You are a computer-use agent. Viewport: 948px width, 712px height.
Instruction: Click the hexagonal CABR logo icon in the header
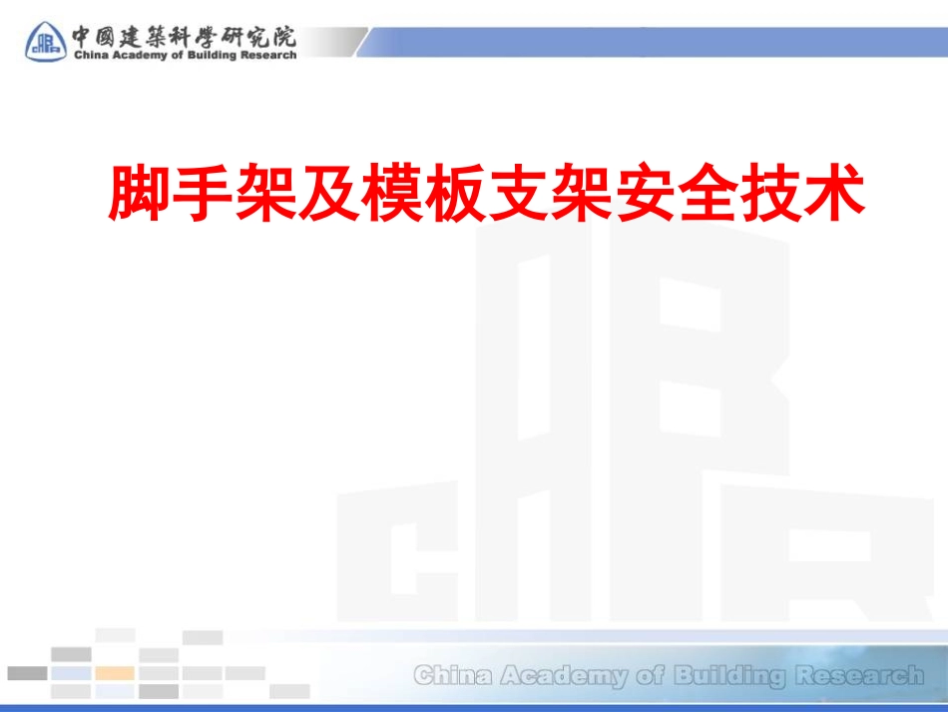pyautogui.click(x=44, y=41)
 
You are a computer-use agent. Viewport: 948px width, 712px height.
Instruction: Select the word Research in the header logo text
pyautogui.click(x=267, y=56)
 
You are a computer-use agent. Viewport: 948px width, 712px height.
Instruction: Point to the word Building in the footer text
pyautogui.click(x=729, y=676)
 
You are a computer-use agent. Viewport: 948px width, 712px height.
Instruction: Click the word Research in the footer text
pyautogui.click(x=859, y=676)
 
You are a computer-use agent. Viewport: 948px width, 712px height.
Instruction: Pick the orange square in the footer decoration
pyautogui.click(x=115, y=673)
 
